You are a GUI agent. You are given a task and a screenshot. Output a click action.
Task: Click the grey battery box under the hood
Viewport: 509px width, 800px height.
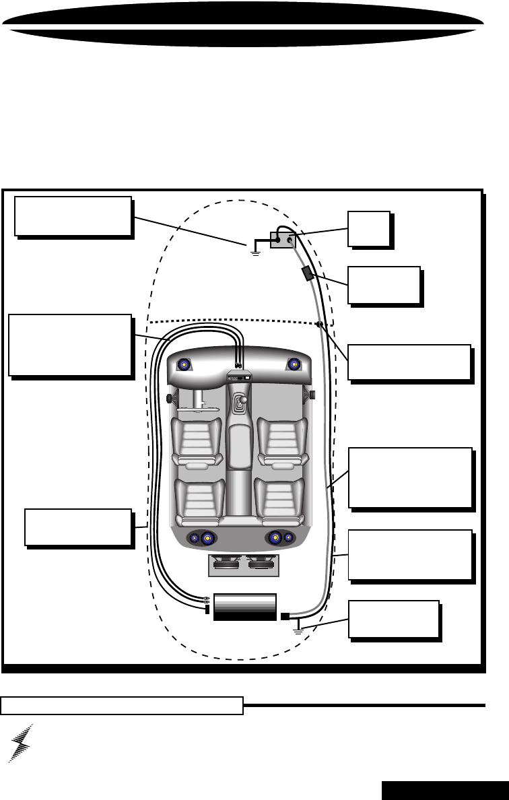pos(283,239)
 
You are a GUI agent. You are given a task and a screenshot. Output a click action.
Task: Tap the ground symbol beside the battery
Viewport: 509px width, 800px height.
pos(254,251)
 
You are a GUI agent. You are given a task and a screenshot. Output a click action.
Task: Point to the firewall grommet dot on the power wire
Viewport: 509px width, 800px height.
pos(318,325)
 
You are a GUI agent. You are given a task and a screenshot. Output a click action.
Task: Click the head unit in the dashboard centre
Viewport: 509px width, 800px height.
pos(239,376)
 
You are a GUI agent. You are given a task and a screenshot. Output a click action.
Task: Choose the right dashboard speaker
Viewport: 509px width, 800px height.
pos(294,364)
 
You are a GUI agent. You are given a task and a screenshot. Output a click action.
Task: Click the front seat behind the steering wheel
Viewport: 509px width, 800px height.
pos(196,441)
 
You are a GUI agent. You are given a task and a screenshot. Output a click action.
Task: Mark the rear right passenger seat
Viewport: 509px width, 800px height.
pos(279,502)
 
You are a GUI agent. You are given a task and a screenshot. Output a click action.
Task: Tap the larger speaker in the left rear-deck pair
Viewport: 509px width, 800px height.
pos(206,538)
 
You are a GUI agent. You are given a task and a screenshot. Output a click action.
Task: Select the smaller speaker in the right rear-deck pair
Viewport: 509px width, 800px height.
pos(288,537)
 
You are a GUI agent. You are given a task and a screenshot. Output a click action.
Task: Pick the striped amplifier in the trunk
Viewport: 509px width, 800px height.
pos(244,607)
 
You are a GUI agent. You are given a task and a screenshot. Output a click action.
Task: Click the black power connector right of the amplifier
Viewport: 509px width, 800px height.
pos(285,615)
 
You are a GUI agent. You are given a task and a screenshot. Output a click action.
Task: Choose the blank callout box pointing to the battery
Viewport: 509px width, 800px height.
pos(368,229)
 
